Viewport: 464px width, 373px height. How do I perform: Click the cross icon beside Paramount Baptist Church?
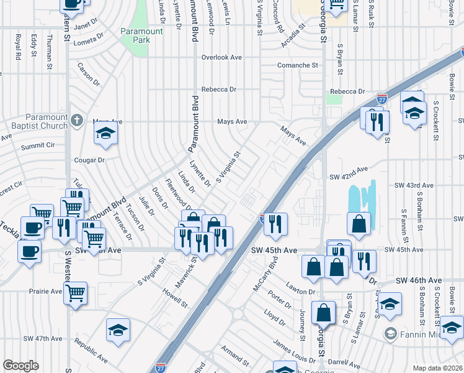[76, 119]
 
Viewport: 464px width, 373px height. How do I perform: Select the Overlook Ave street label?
[221, 57]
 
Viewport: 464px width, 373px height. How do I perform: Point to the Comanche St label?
[297, 65]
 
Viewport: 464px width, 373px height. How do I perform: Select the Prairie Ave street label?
[46, 291]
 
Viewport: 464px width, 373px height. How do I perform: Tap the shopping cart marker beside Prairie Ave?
[75, 292]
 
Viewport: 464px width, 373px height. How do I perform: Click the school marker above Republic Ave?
[118, 329]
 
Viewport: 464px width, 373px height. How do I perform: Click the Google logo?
[20, 366]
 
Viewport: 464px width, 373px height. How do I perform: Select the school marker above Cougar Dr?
[106, 134]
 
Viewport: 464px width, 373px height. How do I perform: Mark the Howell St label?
[176, 297]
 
